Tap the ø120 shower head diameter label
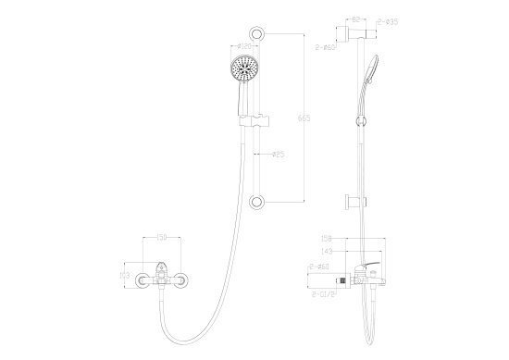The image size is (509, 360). [247, 46]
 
